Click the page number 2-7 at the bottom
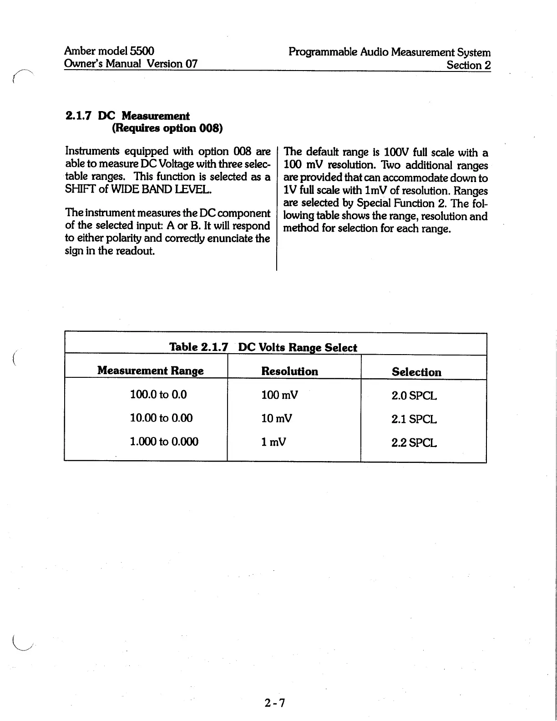[274, 703]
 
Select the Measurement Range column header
[150, 371]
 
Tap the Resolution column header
[289, 371]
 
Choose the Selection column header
[416, 372]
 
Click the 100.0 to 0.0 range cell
[158, 394]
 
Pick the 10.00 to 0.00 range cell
[161, 418]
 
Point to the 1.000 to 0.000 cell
[164, 442]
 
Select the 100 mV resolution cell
[279, 395]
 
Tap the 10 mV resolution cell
[277, 418]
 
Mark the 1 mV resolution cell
[273, 442]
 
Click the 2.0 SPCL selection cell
[414, 396]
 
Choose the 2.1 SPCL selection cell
[414, 419]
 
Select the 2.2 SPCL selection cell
[414, 442]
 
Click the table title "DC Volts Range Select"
[298, 348]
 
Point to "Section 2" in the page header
[468, 65]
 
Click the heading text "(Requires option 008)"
[167, 128]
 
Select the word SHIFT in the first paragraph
[80, 188]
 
